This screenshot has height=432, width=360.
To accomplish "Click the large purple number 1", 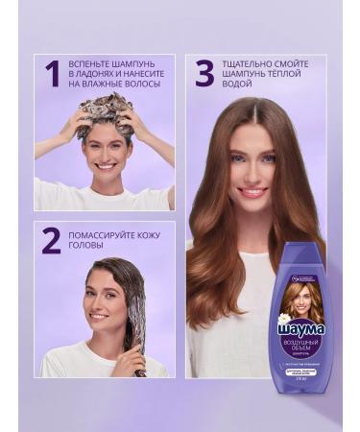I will (x=50, y=75).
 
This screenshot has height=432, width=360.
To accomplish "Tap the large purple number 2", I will (x=51, y=241).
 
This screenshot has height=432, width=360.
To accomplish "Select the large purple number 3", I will (x=204, y=74).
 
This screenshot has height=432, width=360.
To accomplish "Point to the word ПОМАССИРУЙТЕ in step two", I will (x=106, y=234).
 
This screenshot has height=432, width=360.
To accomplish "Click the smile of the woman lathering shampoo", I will (x=105, y=164).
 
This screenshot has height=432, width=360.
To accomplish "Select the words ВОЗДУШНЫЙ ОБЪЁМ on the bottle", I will (x=301, y=348).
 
